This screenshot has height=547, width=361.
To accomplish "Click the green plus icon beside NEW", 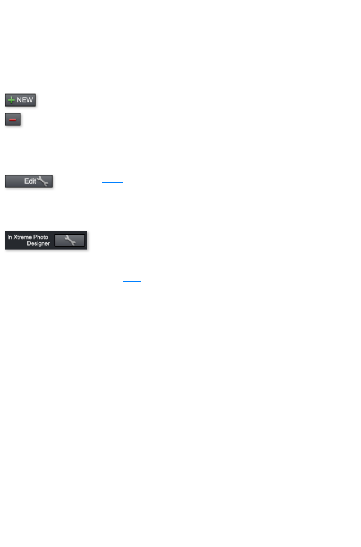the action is click(x=11, y=100).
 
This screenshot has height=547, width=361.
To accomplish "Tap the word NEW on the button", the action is click(x=25, y=100).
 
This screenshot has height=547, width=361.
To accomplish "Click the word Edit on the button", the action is click(x=30, y=181).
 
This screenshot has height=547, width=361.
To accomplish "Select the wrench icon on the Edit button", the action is click(x=43, y=181).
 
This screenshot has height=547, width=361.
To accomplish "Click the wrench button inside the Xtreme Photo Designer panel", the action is click(x=70, y=240).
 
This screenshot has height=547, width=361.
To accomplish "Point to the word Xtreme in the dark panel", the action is click(x=23, y=237).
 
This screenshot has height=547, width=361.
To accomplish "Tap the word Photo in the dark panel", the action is click(x=41, y=237).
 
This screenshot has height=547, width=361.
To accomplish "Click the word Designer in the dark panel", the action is click(x=38, y=243).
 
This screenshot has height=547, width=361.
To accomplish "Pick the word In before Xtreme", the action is click(x=9, y=237).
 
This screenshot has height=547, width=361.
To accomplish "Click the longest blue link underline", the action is click(x=188, y=203).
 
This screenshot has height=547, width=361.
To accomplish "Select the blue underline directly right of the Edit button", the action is click(x=113, y=182).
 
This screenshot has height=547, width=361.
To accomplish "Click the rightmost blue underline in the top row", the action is click(x=346, y=33).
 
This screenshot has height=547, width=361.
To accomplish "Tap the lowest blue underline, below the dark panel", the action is click(x=131, y=281).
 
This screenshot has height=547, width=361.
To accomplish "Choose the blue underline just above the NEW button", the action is click(x=33, y=66).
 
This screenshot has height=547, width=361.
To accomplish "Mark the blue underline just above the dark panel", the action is click(x=69, y=214).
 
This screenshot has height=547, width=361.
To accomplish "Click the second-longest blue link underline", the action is click(x=161, y=160).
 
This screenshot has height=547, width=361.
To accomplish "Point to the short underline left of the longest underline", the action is click(x=108, y=203).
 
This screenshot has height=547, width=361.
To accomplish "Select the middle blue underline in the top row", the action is click(x=210, y=33).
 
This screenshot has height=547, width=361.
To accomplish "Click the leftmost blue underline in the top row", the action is click(x=48, y=33).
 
